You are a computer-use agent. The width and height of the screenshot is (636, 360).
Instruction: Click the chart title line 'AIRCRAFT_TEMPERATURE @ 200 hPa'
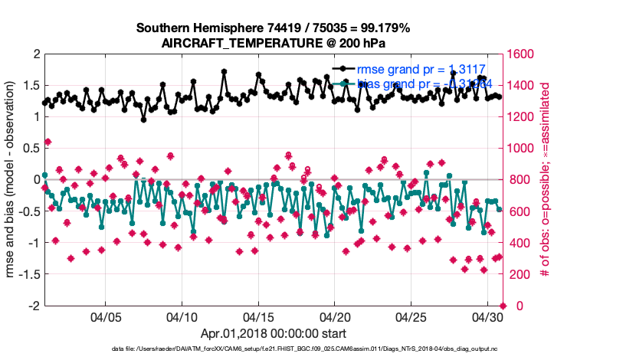(x=273, y=43)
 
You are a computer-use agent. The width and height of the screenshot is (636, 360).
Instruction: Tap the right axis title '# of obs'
(x=545, y=180)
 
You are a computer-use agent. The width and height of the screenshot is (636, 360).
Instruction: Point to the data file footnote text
(x=273, y=349)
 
